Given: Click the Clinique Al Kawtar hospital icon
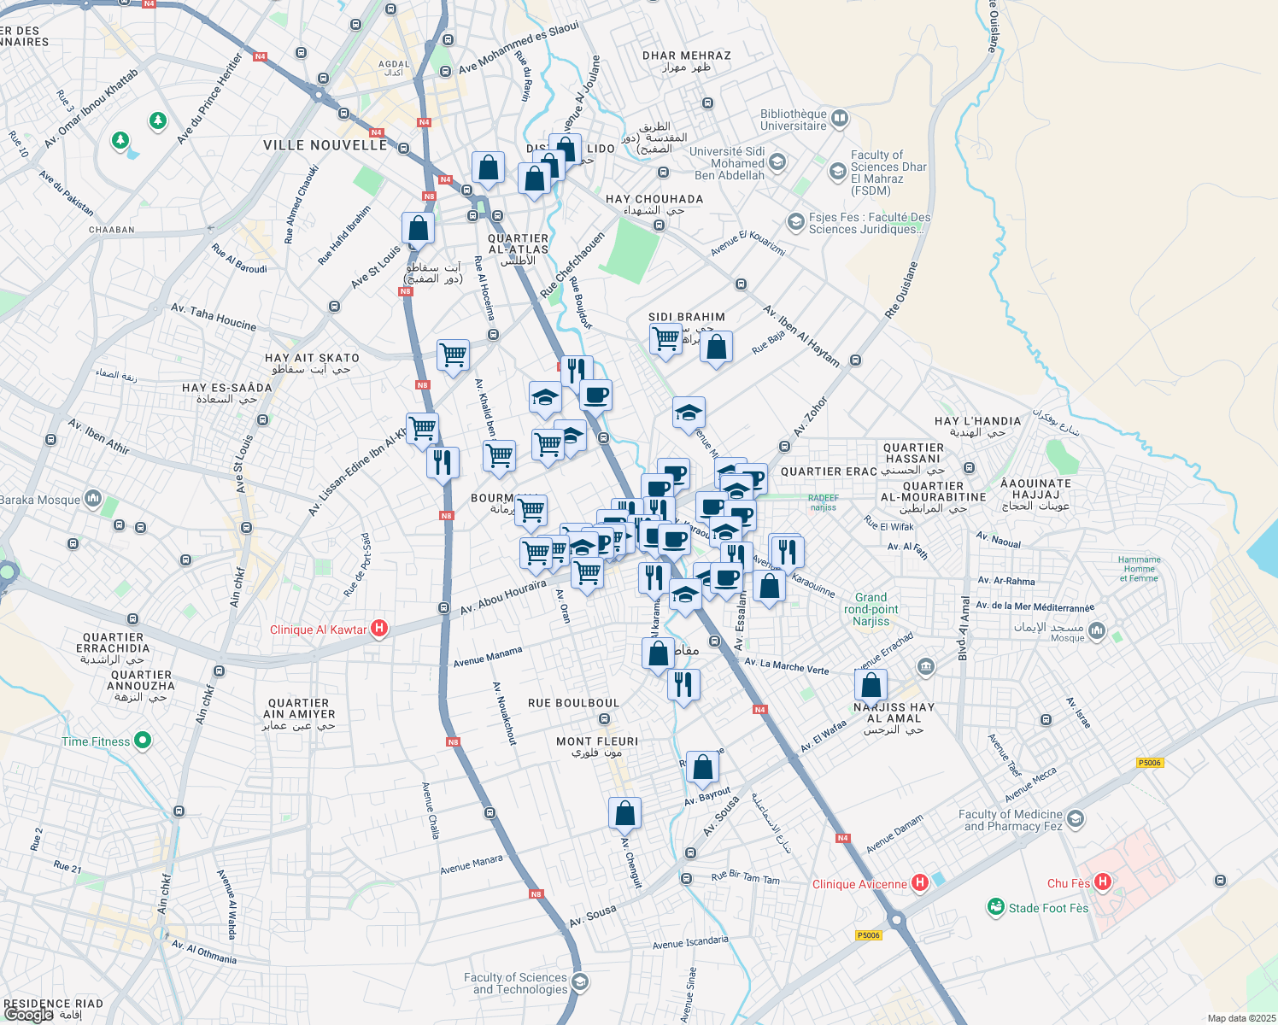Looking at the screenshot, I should (380, 630).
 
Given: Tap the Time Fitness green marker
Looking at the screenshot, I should (143, 741).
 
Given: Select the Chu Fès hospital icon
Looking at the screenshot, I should (1103, 882).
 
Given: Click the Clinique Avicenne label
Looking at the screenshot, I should (859, 884).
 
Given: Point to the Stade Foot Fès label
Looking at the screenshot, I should (1048, 908).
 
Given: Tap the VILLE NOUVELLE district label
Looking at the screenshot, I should (325, 145).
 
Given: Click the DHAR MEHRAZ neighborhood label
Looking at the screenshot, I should (687, 56).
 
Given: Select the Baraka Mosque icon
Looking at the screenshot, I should (93, 499).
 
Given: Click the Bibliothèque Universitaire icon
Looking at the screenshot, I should (840, 119).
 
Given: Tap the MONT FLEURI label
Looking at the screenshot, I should (597, 741).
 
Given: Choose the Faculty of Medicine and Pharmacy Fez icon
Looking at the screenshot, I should (1076, 819).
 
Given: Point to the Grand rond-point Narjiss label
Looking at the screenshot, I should (871, 609).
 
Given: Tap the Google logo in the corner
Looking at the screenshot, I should (28, 1015).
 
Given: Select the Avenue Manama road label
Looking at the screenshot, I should (488, 657).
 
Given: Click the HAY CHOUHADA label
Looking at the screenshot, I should (654, 199).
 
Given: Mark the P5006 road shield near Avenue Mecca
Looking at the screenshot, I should (1150, 763).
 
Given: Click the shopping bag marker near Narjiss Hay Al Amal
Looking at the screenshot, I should (871, 685).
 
